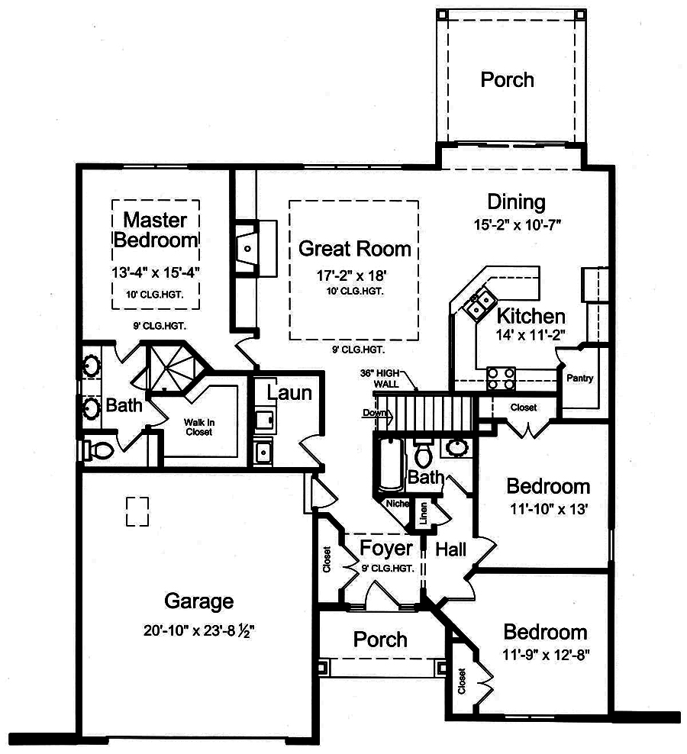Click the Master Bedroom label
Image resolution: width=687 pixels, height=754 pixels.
tap(156, 230)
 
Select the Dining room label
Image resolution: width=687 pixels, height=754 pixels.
tap(517, 202)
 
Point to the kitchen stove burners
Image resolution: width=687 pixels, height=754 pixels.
tap(502, 375)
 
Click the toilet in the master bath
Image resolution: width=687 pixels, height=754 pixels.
tap(96, 449)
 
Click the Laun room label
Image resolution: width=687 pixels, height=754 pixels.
tap(289, 393)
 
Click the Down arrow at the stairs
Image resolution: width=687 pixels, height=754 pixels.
tap(376, 414)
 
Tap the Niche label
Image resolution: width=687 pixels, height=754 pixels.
tap(397, 504)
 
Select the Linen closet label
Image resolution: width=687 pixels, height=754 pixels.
tap(423, 512)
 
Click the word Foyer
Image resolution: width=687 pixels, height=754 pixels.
tap(386, 548)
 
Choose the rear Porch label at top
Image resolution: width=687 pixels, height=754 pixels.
tap(507, 79)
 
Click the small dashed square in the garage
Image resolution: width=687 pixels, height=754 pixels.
tap(137, 511)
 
